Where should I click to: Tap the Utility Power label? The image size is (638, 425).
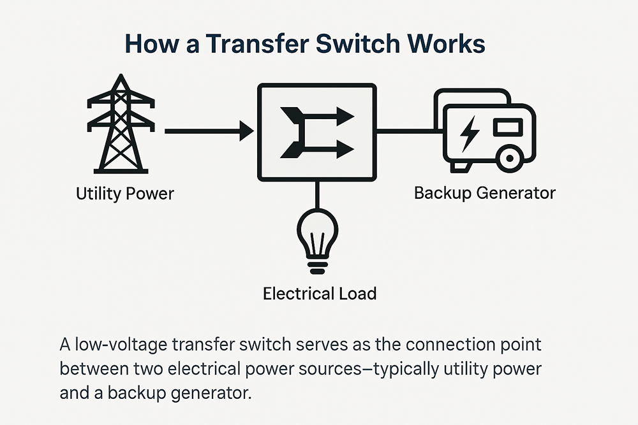(125, 193)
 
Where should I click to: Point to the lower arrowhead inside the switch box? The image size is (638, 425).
(345, 150)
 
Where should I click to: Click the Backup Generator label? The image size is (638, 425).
(485, 192)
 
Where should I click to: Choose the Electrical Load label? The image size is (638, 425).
(320, 294)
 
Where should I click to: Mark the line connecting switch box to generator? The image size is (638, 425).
(405, 133)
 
